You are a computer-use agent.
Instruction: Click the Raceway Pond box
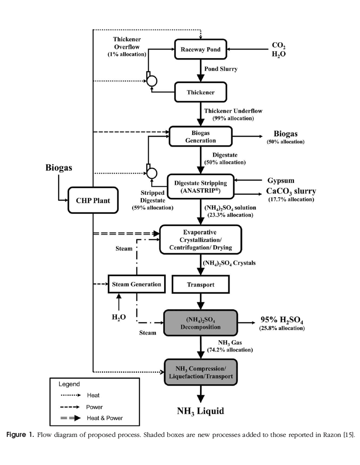click(200, 49)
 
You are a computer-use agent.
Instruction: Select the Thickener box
click(200, 92)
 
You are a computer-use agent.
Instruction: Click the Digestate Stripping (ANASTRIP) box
click(200, 186)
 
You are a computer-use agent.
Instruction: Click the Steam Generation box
click(136, 284)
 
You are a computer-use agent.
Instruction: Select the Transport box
click(200, 285)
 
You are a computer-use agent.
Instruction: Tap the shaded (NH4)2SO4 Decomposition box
click(200, 323)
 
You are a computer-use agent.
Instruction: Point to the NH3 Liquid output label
click(200, 411)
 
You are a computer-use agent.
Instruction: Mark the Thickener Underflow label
click(233, 111)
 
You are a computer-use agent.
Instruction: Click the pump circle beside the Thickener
click(151, 80)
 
